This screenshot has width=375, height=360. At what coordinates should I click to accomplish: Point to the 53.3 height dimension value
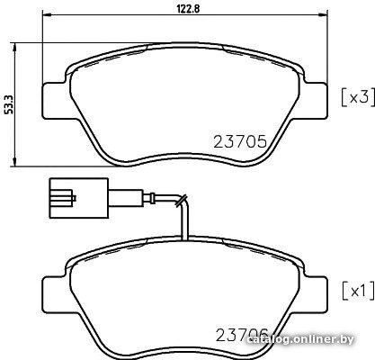(x=9, y=104)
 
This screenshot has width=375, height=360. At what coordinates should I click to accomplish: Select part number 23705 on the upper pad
(x=240, y=141)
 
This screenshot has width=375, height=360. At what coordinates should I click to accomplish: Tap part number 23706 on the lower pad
(x=242, y=335)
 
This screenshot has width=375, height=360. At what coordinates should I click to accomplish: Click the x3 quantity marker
(x=358, y=97)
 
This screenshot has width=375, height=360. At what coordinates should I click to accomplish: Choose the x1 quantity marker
(x=358, y=291)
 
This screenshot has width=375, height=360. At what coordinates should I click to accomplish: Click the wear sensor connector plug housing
(x=79, y=198)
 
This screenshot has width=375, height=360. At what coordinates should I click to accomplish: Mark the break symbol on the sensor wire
(x=182, y=201)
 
